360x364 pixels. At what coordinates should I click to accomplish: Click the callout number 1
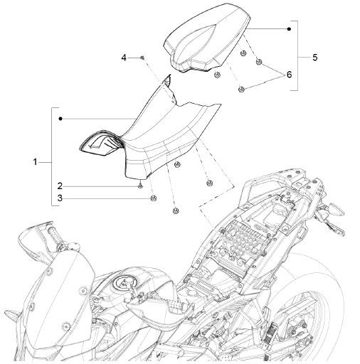click(x=35, y=162)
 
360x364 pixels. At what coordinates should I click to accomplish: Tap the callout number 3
click(x=61, y=198)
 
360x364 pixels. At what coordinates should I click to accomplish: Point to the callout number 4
click(x=123, y=56)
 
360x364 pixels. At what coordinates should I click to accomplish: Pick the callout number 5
click(x=315, y=57)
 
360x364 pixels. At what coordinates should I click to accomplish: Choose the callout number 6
click(x=290, y=75)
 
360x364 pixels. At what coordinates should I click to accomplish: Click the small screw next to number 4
click(x=142, y=56)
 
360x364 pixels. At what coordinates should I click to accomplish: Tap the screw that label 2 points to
click(x=140, y=186)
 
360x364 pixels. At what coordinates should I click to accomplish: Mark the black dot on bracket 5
click(x=288, y=29)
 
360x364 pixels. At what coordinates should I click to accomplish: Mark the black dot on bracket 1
click(x=62, y=117)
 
